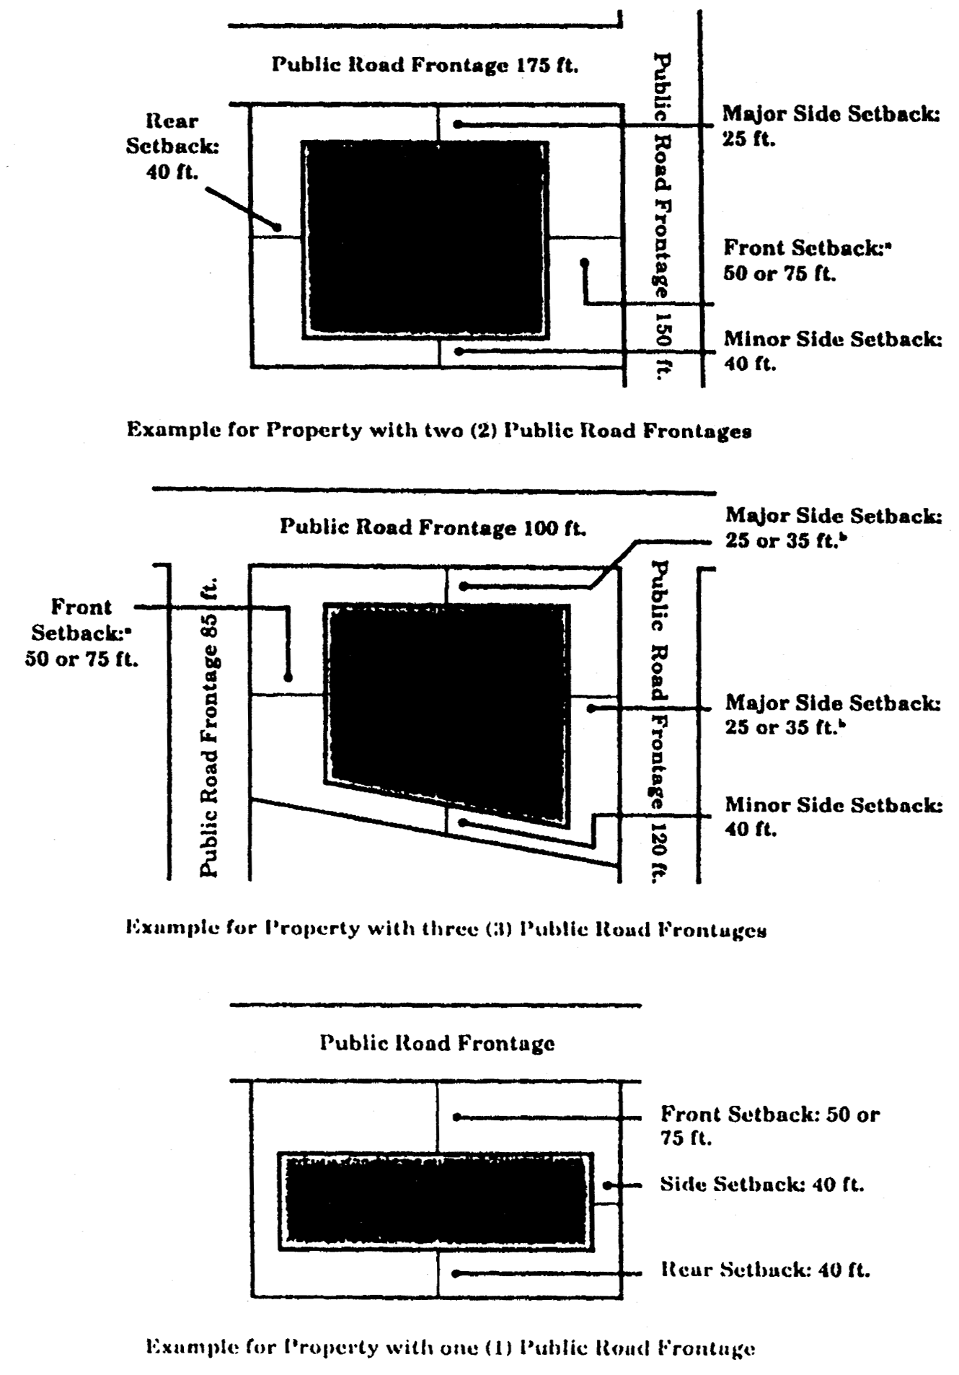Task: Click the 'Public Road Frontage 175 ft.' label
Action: tap(425, 65)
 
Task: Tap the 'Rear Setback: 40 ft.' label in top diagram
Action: tap(172, 146)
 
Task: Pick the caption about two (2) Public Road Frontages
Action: tap(439, 431)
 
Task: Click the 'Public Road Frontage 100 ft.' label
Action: tap(433, 527)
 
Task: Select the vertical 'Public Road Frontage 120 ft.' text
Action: tap(658, 721)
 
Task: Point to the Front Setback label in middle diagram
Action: tap(81, 633)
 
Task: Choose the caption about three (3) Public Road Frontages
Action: tap(446, 928)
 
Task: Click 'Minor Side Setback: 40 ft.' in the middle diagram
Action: tap(833, 817)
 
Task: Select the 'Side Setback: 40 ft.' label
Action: tap(761, 1185)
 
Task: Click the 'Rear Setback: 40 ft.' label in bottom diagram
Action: tap(765, 1270)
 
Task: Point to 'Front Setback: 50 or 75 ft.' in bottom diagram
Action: tap(769, 1125)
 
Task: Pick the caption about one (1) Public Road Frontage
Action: tap(451, 1347)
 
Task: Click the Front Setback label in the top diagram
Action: tap(807, 260)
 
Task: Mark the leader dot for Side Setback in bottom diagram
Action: tap(607, 1185)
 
